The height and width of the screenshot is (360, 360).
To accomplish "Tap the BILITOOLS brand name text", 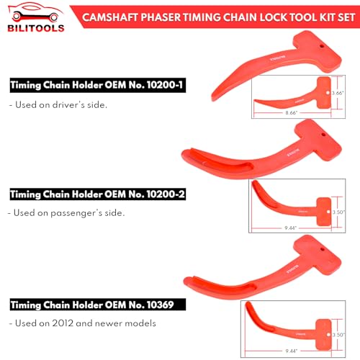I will click(x=32, y=28).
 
